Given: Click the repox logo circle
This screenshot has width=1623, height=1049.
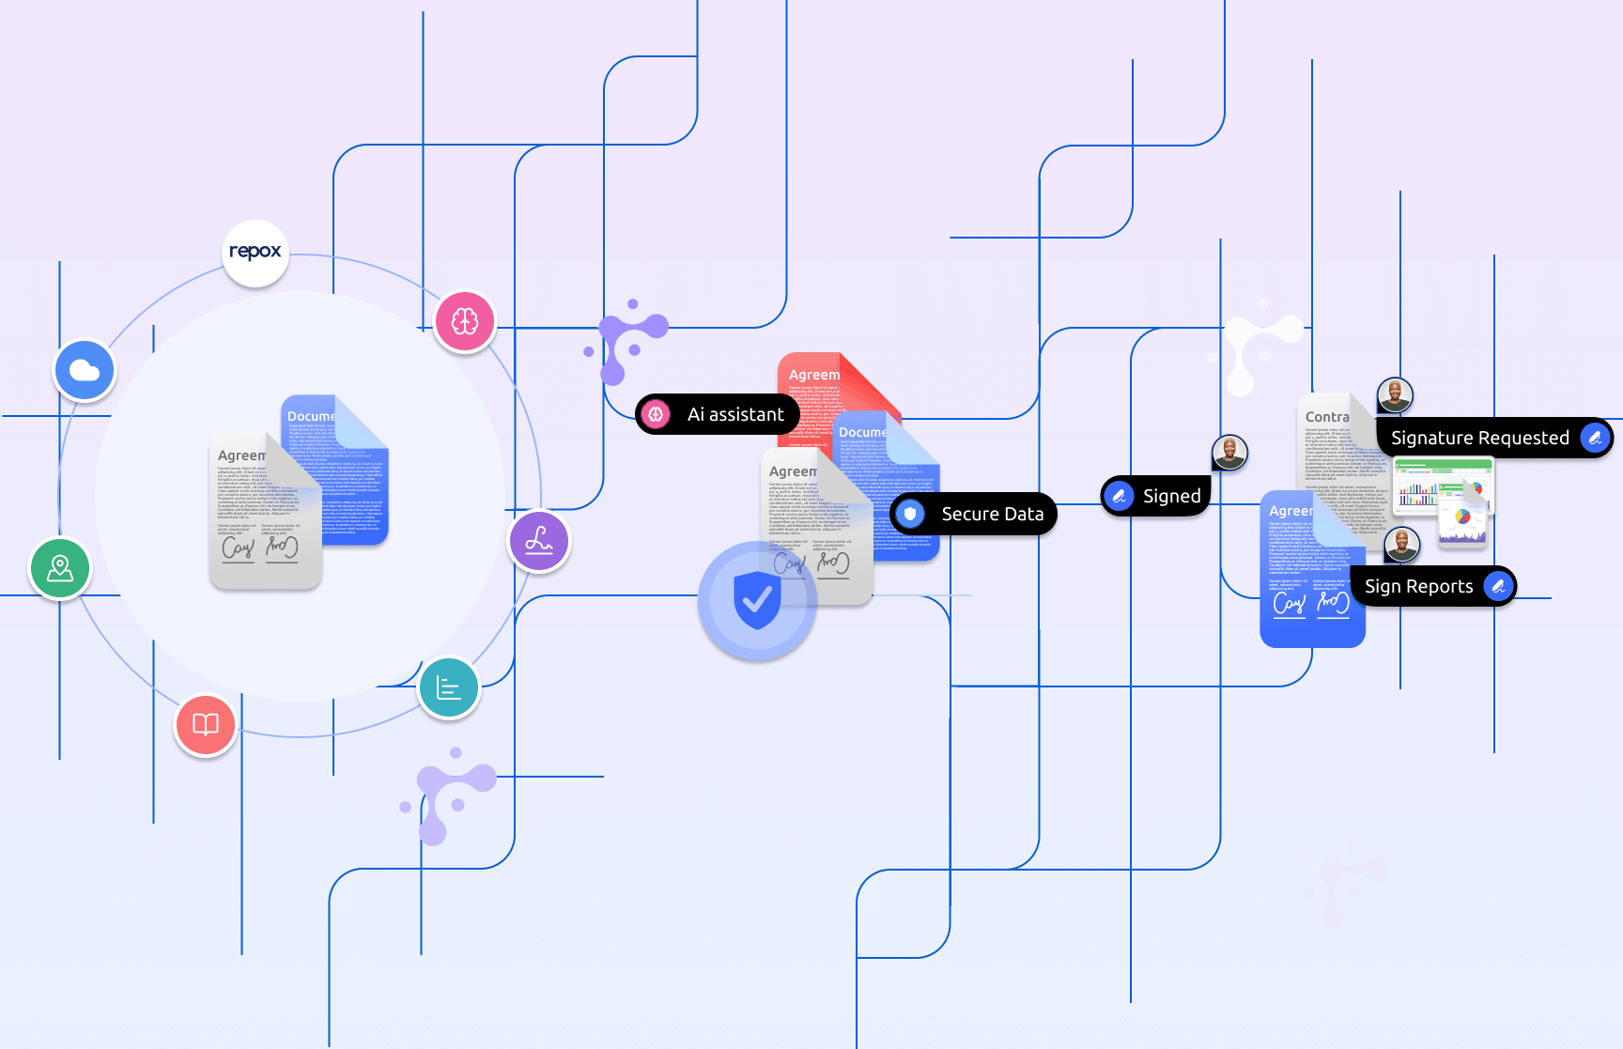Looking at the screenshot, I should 255,253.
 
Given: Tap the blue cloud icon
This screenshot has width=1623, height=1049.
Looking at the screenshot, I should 85,370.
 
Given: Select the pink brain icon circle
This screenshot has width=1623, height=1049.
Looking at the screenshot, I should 465,321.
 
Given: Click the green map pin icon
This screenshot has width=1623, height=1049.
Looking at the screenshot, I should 60,568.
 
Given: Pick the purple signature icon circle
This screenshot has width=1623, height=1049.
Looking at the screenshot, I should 539,541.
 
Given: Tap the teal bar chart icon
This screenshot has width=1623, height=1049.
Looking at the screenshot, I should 449,688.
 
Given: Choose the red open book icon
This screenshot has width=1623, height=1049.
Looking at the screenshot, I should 206,725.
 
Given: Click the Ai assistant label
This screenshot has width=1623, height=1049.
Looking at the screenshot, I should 719,414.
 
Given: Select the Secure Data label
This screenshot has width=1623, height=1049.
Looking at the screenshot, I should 974,514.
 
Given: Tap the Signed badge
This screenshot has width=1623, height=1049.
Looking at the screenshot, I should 1156,496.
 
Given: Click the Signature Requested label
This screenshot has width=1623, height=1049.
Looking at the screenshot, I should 1494,438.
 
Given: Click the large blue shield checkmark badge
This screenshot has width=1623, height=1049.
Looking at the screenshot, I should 757,600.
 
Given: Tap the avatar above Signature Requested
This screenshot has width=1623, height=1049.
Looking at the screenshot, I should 1395,394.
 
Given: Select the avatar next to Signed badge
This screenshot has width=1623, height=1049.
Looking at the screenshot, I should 1229,453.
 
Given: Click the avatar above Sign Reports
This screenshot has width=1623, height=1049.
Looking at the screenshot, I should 1402,544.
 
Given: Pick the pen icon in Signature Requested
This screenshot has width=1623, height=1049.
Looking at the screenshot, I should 1595,438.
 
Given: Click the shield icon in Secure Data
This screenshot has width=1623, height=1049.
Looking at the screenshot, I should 910,514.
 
